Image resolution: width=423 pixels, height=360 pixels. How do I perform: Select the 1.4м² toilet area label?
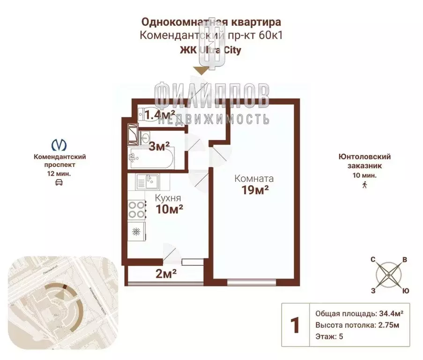pyautogui.click(x=159, y=114)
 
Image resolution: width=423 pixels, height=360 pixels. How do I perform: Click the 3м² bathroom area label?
pyautogui.click(x=159, y=146)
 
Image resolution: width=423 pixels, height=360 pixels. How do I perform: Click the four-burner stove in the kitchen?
pyautogui.click(x=136, y=209)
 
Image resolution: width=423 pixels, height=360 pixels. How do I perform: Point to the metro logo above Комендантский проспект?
pyautogui.click(x=59, y=144)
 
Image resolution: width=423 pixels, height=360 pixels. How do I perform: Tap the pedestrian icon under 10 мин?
pyautogui.click(x=364, y=184)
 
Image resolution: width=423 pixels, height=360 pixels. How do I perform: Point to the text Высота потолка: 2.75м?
pyautogui.click(x=358, y=325)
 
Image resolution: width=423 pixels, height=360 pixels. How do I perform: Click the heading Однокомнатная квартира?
pyautogui.click(x=211, y=22)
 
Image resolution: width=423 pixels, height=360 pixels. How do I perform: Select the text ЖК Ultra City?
pyautogui.click(x=211, y=50)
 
